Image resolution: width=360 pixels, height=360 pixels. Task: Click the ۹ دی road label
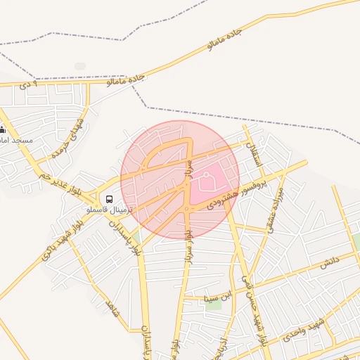(27, 85)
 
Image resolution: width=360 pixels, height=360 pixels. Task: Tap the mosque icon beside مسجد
(3, 129)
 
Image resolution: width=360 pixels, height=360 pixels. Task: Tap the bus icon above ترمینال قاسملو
(108, 199)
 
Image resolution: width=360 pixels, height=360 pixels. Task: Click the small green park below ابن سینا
(213, 307)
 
